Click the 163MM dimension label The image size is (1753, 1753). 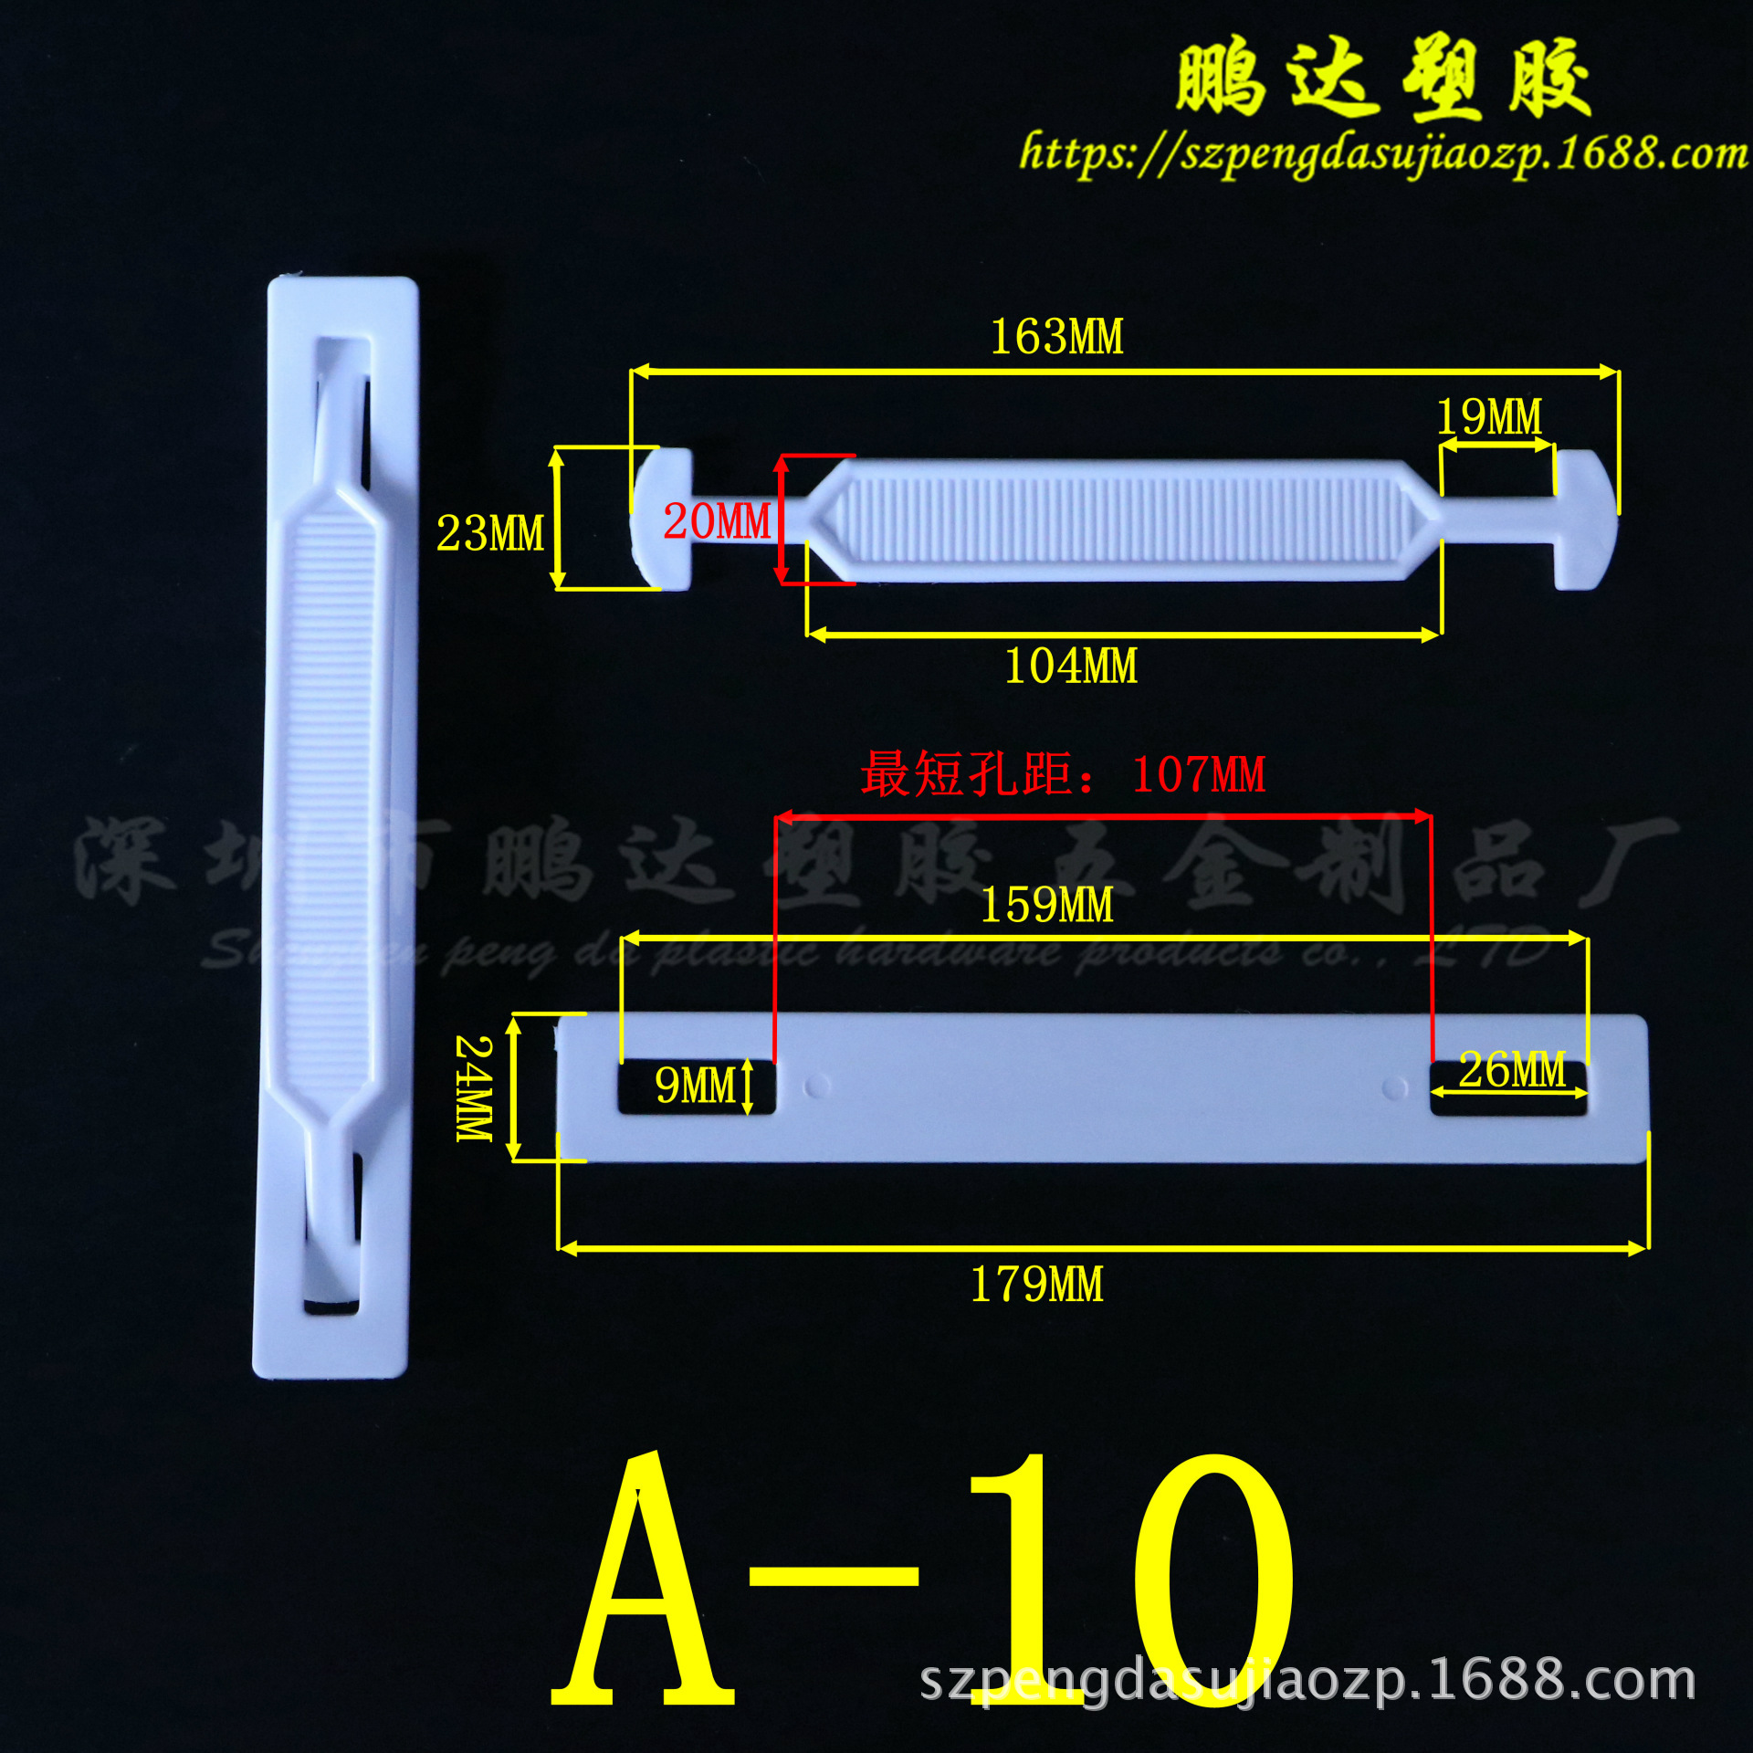tap(1056, 337)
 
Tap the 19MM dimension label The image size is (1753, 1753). tap(1489, 417)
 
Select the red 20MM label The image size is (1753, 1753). tap(717, 521)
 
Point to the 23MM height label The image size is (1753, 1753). tap(490, 533)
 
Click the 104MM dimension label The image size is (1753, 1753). tap(1071, 667)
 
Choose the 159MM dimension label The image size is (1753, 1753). tap(1046, 906)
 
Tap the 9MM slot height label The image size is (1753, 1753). tap(696, 1086)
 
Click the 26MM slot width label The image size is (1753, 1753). tap(1512, 1069)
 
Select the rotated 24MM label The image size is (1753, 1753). tap(474, 1088)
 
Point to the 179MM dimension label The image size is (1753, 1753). tap(1036, 1285)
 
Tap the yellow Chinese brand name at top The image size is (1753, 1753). tap(1382, 79)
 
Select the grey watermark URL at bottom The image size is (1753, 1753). tap(1307, 1681)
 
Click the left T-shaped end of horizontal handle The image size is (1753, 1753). tap(663, 519)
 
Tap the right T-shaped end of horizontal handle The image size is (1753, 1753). tap(1585, 519)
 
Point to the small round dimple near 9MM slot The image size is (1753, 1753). tap(817, 1086)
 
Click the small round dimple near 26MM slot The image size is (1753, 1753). tap(1394, 1087)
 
